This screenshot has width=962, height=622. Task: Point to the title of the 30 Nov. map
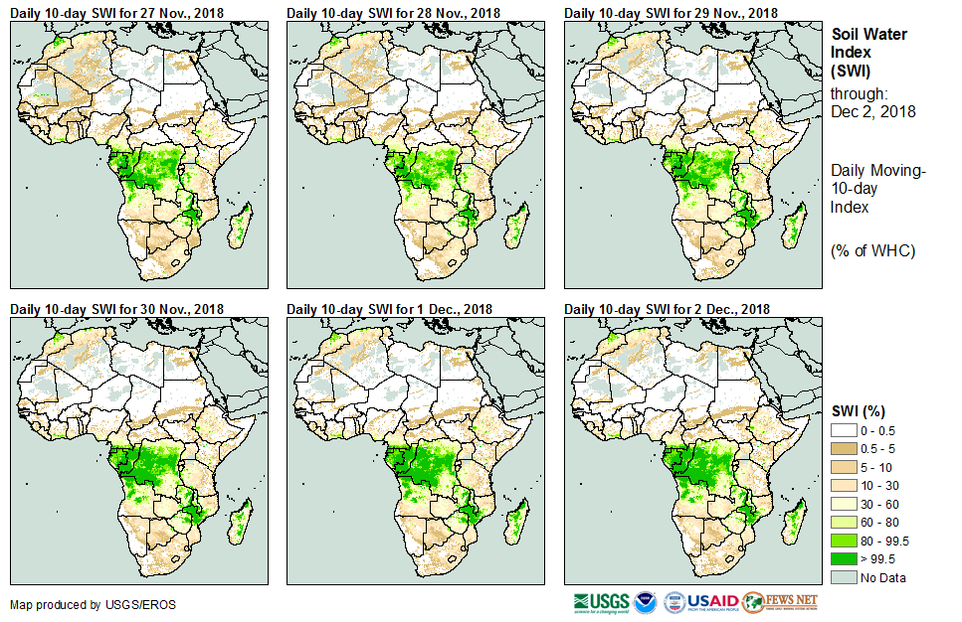point(116,309)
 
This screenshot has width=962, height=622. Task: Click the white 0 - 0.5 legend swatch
point(845,429)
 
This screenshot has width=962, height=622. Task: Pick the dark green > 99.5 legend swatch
point(845,558)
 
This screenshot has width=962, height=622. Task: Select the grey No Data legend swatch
point(845,577)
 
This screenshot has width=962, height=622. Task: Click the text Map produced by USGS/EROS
point(80,604)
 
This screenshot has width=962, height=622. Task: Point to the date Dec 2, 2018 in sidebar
point(872,111)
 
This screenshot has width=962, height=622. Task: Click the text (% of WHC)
point(871,250)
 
